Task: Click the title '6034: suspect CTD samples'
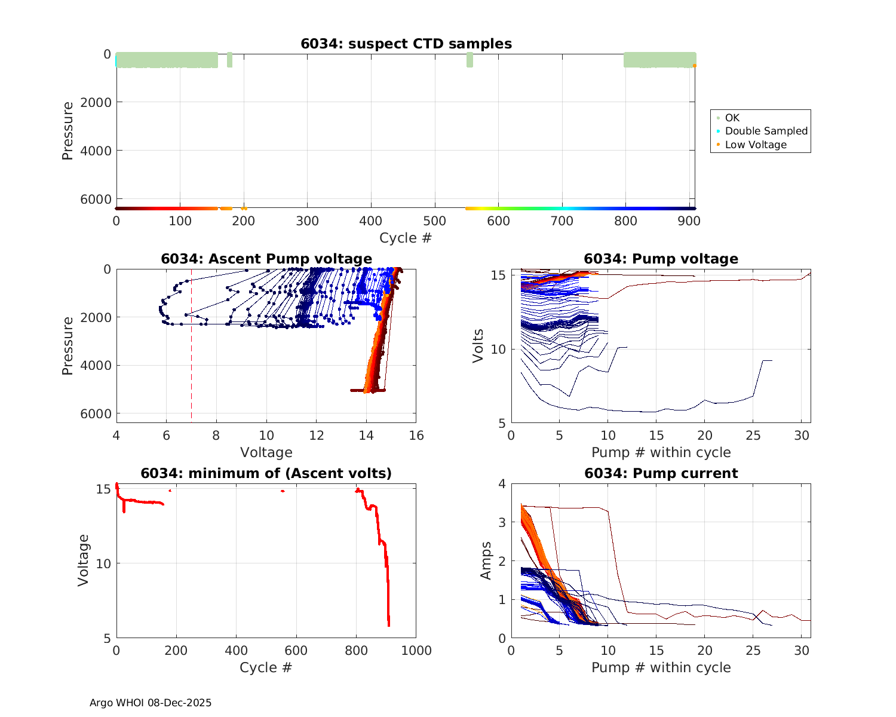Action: pos(406,44)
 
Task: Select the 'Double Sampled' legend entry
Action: pos(766,131)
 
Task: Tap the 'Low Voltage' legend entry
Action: pos(756,145)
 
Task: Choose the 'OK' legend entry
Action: pos(732,118)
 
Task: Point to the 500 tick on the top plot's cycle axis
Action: pos(435,220)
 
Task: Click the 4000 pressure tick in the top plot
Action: pos(96,151)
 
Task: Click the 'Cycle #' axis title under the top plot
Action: pos(406,238)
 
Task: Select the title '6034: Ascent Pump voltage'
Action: pos(266,259)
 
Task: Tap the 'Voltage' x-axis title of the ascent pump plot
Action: pos(266,452)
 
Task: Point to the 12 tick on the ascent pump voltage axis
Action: pos(317,436)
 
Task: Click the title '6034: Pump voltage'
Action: pos(661,259)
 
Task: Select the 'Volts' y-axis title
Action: pos(478,346)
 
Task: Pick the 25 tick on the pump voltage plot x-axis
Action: pos(754,436)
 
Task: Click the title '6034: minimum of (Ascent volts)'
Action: pos(266,473)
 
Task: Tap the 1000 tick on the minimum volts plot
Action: pos(416,650)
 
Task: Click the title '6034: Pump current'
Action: pos(661,473)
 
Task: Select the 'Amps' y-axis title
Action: pos(486,560)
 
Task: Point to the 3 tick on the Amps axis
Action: pos(502,522)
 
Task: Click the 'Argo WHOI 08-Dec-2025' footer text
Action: pos(151,703)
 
